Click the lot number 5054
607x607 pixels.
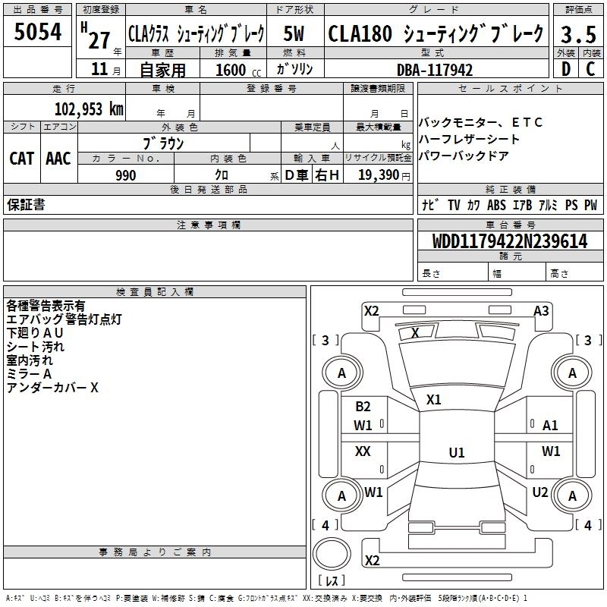38,32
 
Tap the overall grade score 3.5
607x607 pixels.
578,35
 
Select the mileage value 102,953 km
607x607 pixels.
89,109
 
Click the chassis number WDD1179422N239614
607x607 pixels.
510,241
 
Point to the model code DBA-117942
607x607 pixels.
435,70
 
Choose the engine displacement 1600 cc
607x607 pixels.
238,70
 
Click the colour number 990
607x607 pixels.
126,175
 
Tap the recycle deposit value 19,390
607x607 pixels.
379,175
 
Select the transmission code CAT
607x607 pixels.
22,159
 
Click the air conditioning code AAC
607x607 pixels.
58,159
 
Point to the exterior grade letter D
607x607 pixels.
566,69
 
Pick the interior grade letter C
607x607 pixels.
590,69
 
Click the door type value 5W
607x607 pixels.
294,33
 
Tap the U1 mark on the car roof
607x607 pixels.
457,452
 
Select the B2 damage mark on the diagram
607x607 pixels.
363,406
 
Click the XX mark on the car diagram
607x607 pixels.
363,451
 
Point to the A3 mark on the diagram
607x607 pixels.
541,311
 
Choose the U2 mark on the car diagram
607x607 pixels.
540,492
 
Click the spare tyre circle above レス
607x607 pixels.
332,554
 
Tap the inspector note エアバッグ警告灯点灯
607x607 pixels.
64,319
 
